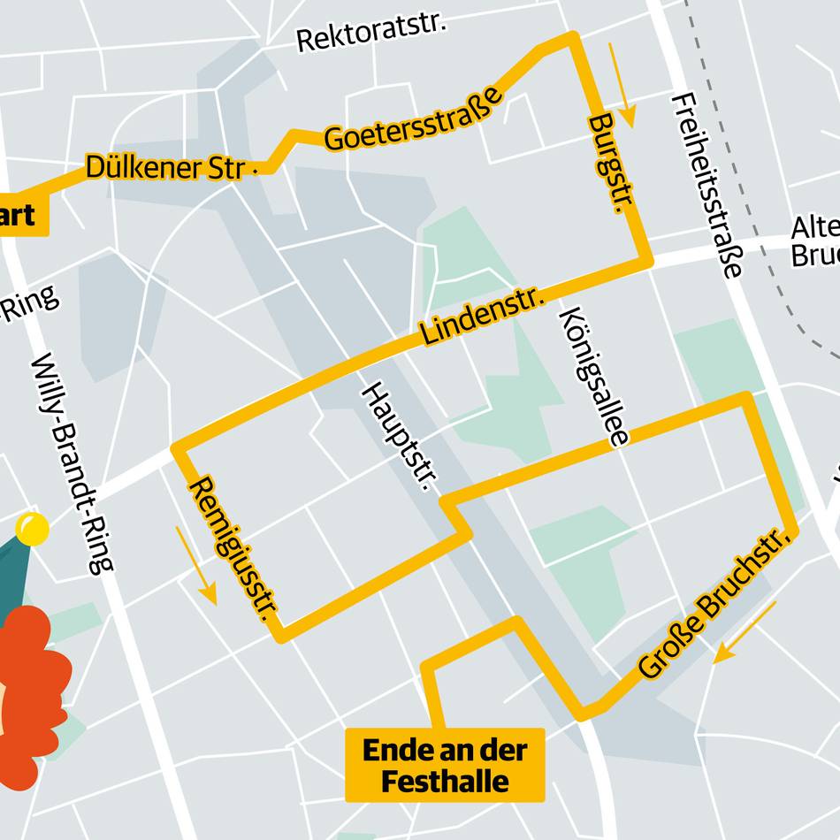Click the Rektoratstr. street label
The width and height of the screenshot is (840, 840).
click(371, 33)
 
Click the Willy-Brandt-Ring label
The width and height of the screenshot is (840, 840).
click(73, 463)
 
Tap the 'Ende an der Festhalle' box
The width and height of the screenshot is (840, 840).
click(445, 765)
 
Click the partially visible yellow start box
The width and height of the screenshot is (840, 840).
click(21, 215)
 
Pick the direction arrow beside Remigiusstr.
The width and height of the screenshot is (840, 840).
click(195, 565)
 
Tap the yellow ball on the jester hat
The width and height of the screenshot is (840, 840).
click(33, 529)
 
